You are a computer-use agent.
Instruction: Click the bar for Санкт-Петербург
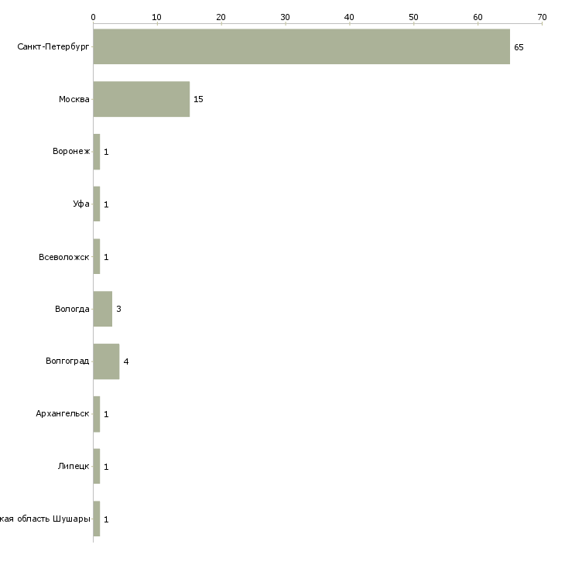click(x=301, y=46)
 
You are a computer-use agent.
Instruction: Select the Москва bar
click(x=141, y=99)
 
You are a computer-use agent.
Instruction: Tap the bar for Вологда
click(x=102, y=309)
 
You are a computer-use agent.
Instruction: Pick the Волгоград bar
click(x=106, y=361)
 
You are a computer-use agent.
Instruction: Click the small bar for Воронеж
click(x=97, y=152)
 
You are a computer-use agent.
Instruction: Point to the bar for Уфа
click(x=97, y=204)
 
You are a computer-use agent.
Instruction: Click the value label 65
click(x=519, y=47)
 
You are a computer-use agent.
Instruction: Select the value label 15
click(x=198, y=99)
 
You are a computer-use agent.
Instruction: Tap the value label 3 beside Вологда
click(x=118, y=309)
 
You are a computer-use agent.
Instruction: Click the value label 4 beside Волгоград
click(x=125, y=361)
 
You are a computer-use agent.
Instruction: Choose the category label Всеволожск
click(x=64, y=257)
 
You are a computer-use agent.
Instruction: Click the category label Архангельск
click(x=63, y=414)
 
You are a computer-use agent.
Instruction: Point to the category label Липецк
click(x=74, y=467)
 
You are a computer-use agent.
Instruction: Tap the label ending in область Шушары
click(x=46, y=519)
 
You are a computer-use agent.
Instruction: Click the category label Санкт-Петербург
click(x=53, y=47)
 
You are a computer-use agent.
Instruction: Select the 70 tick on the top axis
click(x=542, y=16)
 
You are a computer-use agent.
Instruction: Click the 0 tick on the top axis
click(x=93, y=16)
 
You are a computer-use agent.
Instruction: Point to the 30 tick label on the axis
click(x=286, y=16)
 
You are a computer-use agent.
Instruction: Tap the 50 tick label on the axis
click(x=413, y=16)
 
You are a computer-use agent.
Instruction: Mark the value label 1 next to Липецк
click(x=106, y=467)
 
